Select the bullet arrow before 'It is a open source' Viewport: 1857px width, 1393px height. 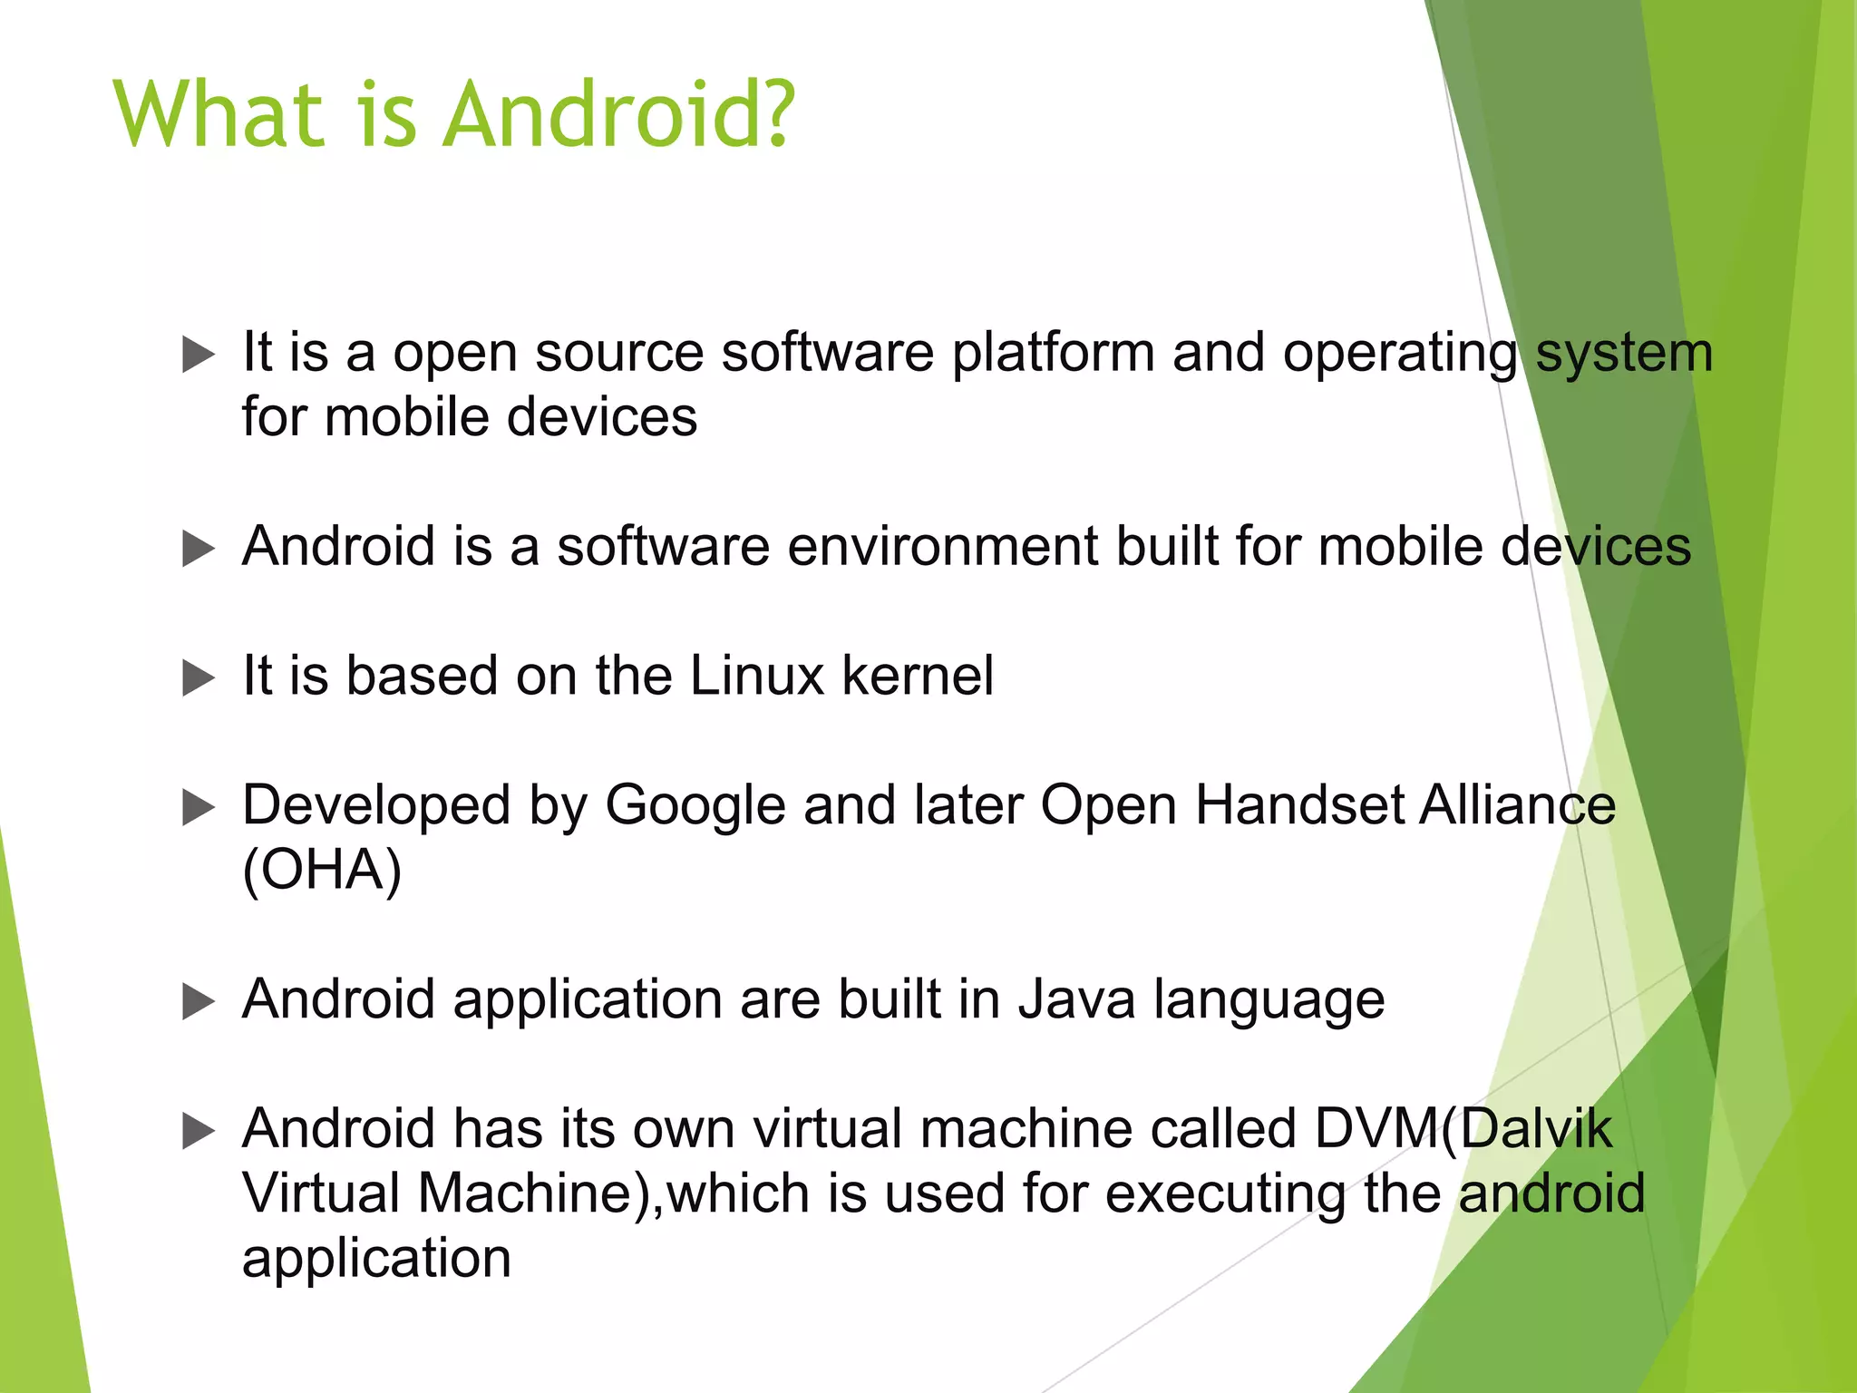[199, 354]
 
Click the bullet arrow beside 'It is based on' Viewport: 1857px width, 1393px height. [199, 677]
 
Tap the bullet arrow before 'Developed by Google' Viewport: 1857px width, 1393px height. [199, 807]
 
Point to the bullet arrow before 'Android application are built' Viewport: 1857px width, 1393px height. [199, 1001]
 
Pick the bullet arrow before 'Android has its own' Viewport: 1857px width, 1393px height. [199, 1131]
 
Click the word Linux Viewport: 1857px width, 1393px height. [756, 676]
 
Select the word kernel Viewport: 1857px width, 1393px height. [918, 676]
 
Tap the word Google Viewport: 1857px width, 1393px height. [695, 806]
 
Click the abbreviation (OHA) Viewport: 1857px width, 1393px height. [322, 871]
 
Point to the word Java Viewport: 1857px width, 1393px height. [1076, 999]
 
